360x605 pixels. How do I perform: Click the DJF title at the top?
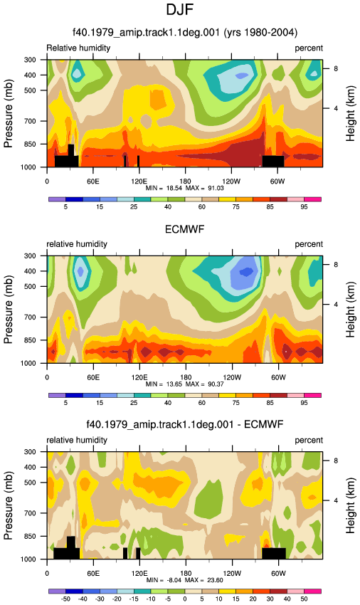(179, 9)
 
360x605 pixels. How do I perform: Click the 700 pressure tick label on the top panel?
(30, 121)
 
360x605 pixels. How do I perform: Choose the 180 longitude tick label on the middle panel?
(185, 377)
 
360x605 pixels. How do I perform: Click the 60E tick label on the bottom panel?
(93, 574)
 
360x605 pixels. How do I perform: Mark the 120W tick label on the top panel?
(231, 181)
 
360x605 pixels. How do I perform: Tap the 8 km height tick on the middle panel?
(336, 265)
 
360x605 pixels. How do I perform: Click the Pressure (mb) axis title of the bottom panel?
(9, 505)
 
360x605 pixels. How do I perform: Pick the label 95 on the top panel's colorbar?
(304, 207)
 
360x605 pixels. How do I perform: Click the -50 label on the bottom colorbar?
(65, 599)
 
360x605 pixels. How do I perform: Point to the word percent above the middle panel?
(309, 244)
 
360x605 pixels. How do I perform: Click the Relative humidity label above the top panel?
(78, 48)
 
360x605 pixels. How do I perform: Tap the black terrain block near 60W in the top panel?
(273, 162)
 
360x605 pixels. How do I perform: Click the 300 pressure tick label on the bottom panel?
(30, 451)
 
